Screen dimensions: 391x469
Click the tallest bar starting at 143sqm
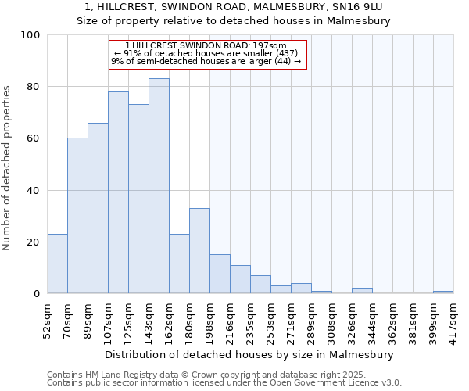[x=159, y=186]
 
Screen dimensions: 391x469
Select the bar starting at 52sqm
[x=57, y=264]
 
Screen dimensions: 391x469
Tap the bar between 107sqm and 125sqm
[x=118, y=192]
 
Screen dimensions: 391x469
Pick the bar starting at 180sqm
[x=199, y=251]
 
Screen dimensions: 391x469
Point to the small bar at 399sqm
[x=443, y=292]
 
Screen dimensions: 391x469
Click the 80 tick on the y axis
[x=31, y=87]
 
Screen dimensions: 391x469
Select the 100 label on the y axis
[x=30, y=35]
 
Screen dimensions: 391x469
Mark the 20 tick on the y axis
[x=31, y=242]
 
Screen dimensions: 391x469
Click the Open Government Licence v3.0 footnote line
[x=224, y=383]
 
